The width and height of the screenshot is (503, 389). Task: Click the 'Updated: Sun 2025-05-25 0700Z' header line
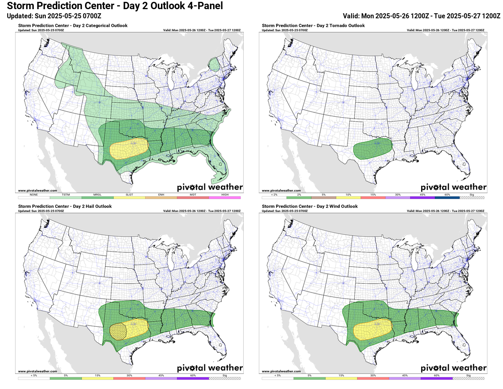tap(54, 16)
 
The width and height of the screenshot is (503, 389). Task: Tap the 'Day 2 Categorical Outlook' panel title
tap(73, 26)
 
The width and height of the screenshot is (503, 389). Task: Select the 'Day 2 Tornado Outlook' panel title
tap(313, 26)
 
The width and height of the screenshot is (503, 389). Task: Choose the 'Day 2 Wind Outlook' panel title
tap(309, 206)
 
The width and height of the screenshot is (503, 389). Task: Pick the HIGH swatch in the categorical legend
tap(225, 197)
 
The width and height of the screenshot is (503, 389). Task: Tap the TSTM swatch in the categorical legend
tap(65, 197)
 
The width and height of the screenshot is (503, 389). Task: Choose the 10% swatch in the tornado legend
tap(348, 197)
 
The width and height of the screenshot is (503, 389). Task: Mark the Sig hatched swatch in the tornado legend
tap(472, 197)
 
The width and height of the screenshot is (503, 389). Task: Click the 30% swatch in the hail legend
tap(129, 378)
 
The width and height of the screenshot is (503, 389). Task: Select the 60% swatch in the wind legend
tap(437, 378)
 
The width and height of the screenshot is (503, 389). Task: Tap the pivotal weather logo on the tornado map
tap(453, 187)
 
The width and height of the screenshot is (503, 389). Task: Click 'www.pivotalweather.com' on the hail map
tap(37, 371)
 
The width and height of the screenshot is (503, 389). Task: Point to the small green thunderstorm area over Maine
tap(214, 65)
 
